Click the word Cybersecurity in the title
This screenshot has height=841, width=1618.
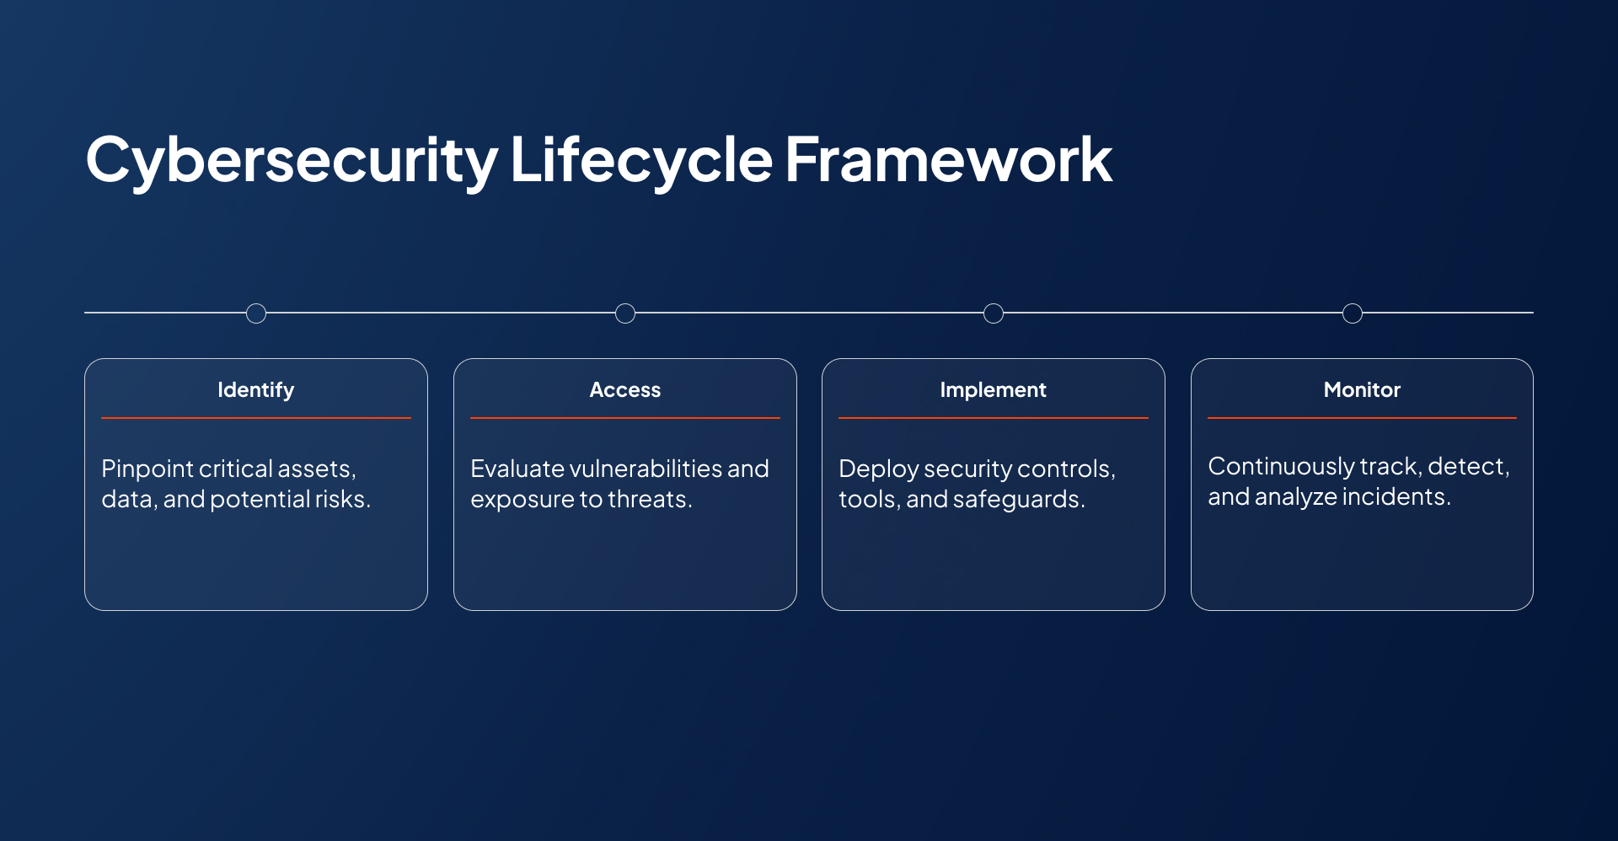tap(291, 160)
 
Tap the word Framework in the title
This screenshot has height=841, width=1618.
tap(948, 160)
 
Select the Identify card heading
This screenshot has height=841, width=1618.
tap(255, 390)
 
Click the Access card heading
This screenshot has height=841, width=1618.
tap(624, 390)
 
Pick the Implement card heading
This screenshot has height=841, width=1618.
tap(993, 390)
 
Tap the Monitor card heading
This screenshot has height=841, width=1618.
tap(1362, 390)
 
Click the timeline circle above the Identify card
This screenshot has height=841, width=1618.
tap(256, 313)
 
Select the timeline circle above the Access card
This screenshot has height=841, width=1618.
tap(625, 313)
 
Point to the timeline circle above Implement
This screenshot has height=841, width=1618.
tap(994, 313)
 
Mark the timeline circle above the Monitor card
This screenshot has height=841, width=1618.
tap(1353, 313)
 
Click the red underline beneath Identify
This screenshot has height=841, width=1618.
tap(255, 418)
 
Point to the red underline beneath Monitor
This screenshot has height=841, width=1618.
tap(1362, 418)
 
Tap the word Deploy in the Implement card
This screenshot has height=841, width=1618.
tap(878, 469)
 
